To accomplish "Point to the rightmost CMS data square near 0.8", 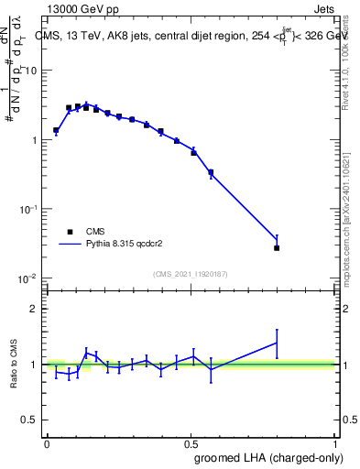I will click(277, 247).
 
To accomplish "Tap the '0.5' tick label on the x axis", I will click(191, 442).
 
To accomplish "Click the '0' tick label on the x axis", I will click(47, 442).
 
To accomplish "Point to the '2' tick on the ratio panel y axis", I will click(33, 309).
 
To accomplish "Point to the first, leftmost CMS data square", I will click(56, 130).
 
